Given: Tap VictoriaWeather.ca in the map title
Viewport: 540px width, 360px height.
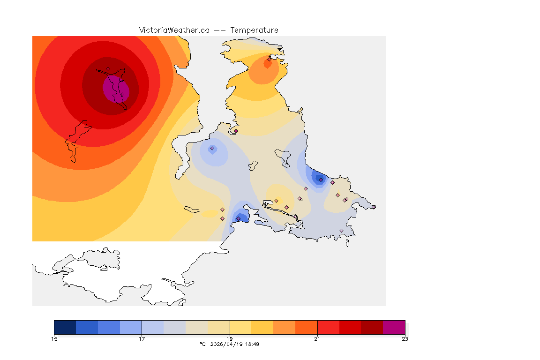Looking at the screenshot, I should [174, 30].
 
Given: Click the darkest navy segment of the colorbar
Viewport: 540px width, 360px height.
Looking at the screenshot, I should [65, 327].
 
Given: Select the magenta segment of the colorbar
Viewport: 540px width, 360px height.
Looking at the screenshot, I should [394, 327].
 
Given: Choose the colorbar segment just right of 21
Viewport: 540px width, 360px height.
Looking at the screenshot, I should [328, 327].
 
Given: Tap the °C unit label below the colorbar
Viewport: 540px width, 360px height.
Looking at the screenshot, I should [202, 344].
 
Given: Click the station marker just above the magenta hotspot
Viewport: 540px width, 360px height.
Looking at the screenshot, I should [108, 69].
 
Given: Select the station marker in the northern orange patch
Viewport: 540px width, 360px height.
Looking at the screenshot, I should [269, 59].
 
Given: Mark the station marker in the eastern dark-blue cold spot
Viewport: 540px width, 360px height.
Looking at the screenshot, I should [321, 180].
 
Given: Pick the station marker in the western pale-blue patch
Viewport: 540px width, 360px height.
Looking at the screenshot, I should [212, 149].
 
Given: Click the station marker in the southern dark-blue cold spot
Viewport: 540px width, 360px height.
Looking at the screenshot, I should [238, 218].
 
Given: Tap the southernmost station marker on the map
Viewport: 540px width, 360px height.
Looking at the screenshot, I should [341, 231].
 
